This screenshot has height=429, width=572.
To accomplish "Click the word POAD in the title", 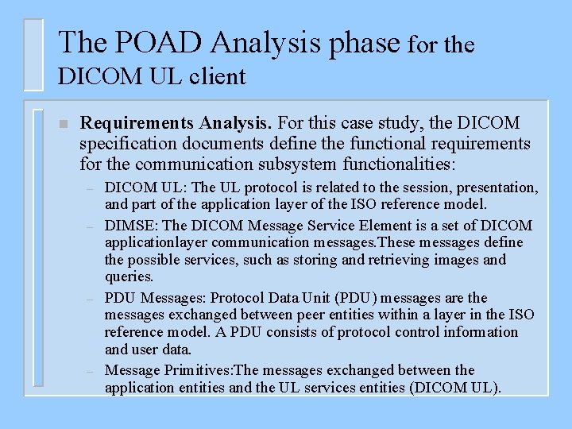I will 140,42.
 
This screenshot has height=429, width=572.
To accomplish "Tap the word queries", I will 129,277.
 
